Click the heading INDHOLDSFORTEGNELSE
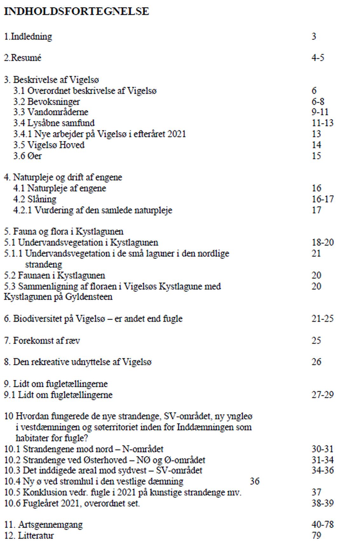(76, 11)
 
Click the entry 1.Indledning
(28, 37)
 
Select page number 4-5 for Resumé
(318, 58)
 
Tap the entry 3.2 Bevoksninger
(46, 102)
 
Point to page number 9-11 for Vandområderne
(320, 112)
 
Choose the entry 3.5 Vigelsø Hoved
(49, 145)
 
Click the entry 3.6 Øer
(27, 156)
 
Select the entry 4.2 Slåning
(35, 199)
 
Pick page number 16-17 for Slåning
(323, 199)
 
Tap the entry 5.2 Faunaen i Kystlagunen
(54, 275)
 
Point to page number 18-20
(323, 243)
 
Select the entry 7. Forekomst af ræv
(42, 341)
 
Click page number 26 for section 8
(316, 362)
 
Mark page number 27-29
(323, 395)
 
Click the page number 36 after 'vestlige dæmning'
(255, 481)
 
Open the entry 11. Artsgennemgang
(43, 525)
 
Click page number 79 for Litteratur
(316, 536)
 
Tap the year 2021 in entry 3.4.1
(177, 134)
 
